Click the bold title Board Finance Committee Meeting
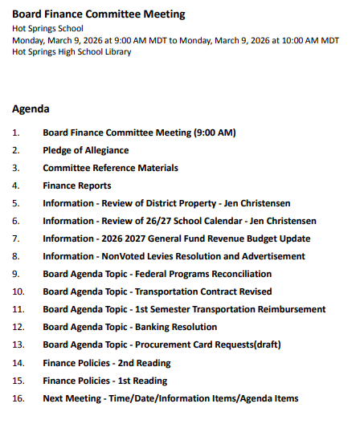tap(98, 14)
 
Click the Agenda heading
tap(31, 108)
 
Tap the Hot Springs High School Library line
tap(72, 52)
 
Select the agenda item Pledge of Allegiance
tap(86, 150)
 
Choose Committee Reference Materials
tap(110, 168)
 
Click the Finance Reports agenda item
tap(77, 185)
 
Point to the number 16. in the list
tap(18, 398)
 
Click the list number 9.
tap(16, 274)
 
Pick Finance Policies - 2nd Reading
tap(107, 363)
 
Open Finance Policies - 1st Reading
tap(105, 381)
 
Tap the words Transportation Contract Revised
tap(203, 291)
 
